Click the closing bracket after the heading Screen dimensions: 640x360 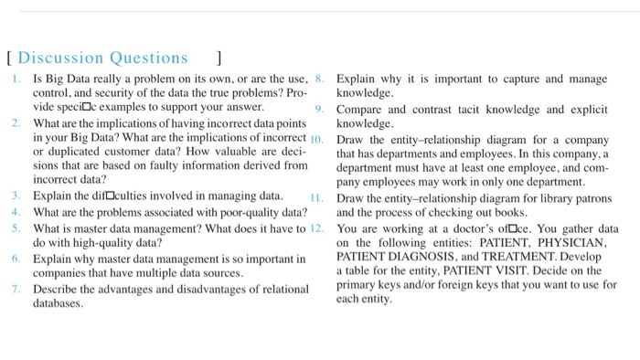[219, 58]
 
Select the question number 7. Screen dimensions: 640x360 [16, 290]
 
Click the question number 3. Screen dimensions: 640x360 [16, 196]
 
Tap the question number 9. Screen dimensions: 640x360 [319, 110]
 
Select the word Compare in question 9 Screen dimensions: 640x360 [361, 110]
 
